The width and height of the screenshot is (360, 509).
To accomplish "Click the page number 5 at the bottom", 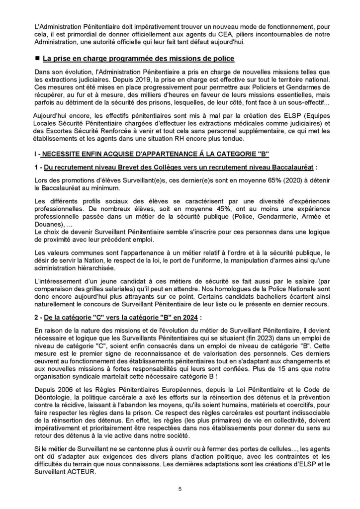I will pyautogui.click(x=180, y=489).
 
